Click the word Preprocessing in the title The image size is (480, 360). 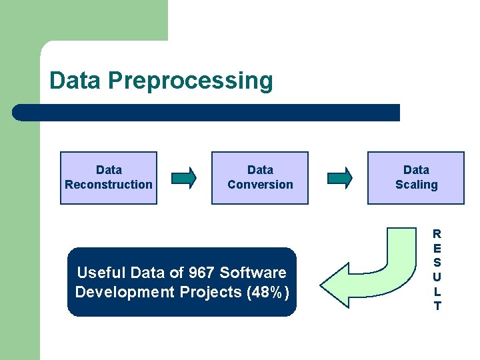pos(191,81)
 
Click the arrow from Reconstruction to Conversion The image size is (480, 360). pos(184,177)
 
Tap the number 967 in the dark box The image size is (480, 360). pos(202,273)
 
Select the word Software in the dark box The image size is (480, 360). pos(253,273)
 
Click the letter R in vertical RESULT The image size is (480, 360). pos(437,234)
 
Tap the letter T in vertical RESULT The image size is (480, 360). pos(437,307)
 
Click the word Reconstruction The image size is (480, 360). pos(109,185)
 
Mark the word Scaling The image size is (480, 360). pos(416,185)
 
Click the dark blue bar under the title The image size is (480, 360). pos(207,113)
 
